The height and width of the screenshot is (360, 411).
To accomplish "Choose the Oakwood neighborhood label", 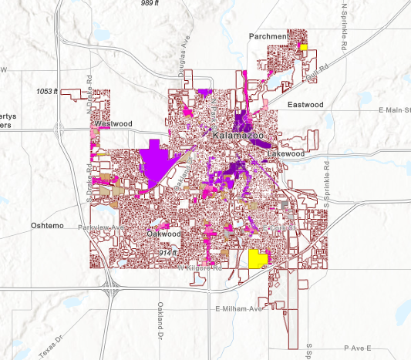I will pos(163,234).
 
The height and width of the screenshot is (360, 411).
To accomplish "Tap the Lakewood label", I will pos(286,154).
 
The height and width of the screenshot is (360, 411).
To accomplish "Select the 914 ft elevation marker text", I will pos(167,253).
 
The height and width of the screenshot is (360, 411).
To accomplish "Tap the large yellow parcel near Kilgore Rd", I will pos(257,258).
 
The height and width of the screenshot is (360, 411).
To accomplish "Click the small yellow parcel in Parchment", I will pos(304,47).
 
